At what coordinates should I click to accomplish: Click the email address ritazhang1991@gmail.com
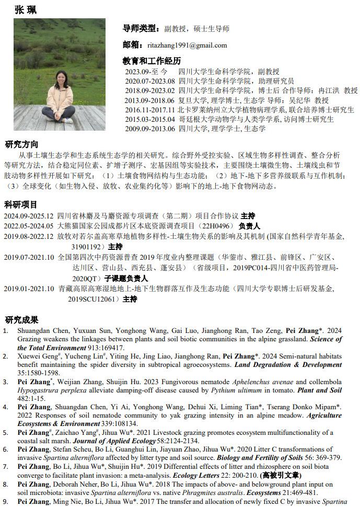coord(187,45)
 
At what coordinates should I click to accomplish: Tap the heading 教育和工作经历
coord(152,61)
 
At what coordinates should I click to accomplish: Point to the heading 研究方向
coord(21,144)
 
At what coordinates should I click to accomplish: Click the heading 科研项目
coord(21,204)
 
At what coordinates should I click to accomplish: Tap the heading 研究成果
coord(21,319)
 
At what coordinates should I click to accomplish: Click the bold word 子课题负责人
coord(126,278)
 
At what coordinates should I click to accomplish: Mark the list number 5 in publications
coord(6,433)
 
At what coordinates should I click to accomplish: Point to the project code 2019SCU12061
coord(94,299)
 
